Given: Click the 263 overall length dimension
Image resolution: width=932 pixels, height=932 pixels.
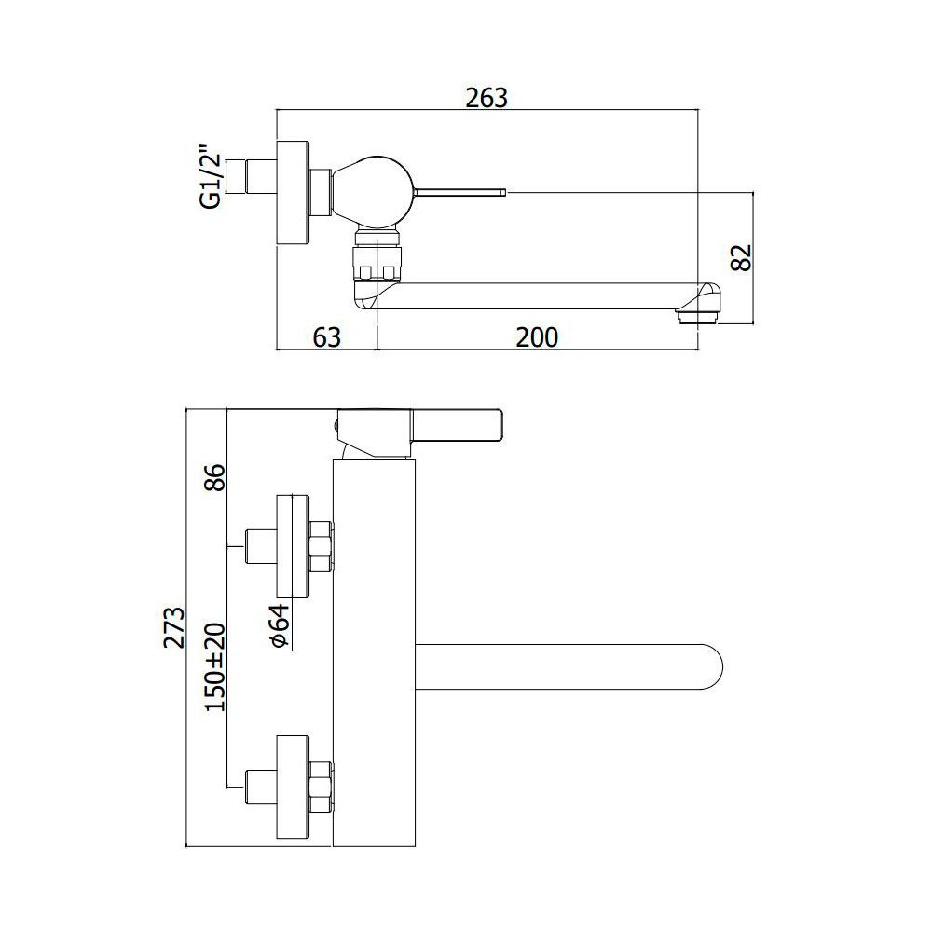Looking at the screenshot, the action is [487, 98].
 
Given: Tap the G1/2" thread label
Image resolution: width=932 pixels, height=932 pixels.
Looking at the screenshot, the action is [211, 175].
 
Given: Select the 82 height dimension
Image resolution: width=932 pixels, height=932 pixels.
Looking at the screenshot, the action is [741, 258].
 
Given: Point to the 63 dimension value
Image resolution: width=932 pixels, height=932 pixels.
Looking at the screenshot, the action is [327, 337].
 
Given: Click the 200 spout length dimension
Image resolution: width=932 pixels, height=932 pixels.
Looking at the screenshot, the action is [537, 337].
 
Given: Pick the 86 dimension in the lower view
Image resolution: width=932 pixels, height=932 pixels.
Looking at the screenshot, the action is [215, 477].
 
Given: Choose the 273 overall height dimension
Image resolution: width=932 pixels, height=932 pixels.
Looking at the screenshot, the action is [174, 627].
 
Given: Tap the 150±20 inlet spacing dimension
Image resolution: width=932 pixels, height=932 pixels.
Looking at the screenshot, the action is [215, 667].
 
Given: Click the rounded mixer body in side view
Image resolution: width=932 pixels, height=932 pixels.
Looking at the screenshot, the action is [372, 191].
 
